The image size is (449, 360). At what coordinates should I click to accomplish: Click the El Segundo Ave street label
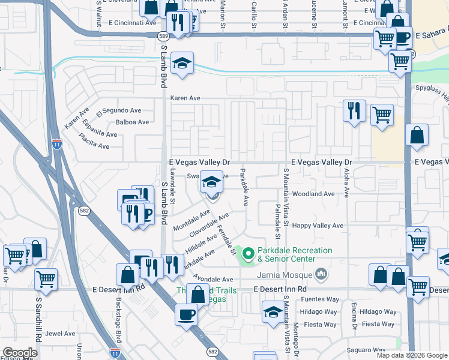pyautogui.click(x=118, y=111)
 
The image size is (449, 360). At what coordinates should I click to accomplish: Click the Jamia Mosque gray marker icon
pyautogui.click(x=322, y=275)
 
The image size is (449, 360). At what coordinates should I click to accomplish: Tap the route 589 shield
pyautogui.click(x=163, y=37)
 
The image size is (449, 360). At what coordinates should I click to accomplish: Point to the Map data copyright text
pyautogui.click(x=411, y=355)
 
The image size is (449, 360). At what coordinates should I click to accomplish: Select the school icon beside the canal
pyautogui.click(x=181, y=63)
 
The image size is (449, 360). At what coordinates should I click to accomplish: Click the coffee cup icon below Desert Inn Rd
pyautogui.click(x=185, y=314)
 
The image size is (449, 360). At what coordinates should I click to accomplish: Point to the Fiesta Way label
pyautogui.click(x=378, y=324)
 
